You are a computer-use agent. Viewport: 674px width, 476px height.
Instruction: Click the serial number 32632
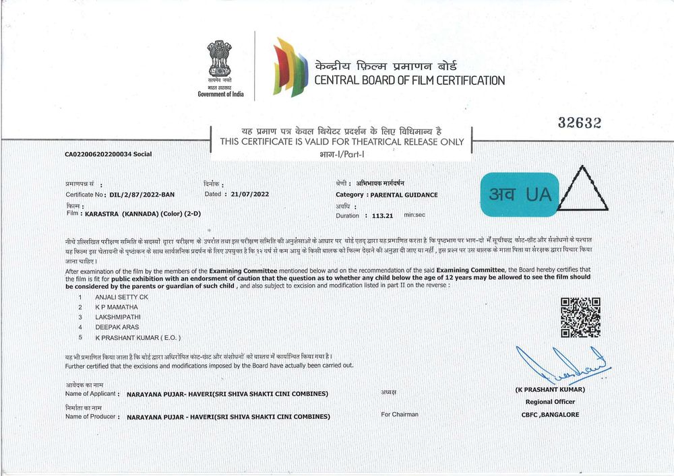click(579, 123)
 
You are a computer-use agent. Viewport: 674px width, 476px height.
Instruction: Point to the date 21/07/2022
click(249, 194)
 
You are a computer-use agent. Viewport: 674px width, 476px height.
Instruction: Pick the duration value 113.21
click(381, 215)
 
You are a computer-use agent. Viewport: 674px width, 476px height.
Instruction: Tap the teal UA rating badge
click(520, 195)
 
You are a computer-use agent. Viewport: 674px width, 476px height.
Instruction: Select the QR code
click(580, 317)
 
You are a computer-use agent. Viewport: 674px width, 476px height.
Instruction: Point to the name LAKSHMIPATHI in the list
click(119, 316)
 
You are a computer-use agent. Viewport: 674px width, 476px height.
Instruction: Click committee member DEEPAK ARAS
click(117, 327)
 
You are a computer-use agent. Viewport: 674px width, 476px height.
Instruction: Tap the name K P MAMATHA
click(117, 306)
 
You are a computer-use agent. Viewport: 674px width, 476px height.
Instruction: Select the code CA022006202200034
click(98, 154)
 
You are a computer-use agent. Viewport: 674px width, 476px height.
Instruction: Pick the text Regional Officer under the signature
click(550, 402)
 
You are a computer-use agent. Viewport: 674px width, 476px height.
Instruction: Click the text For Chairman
click(400, 414)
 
